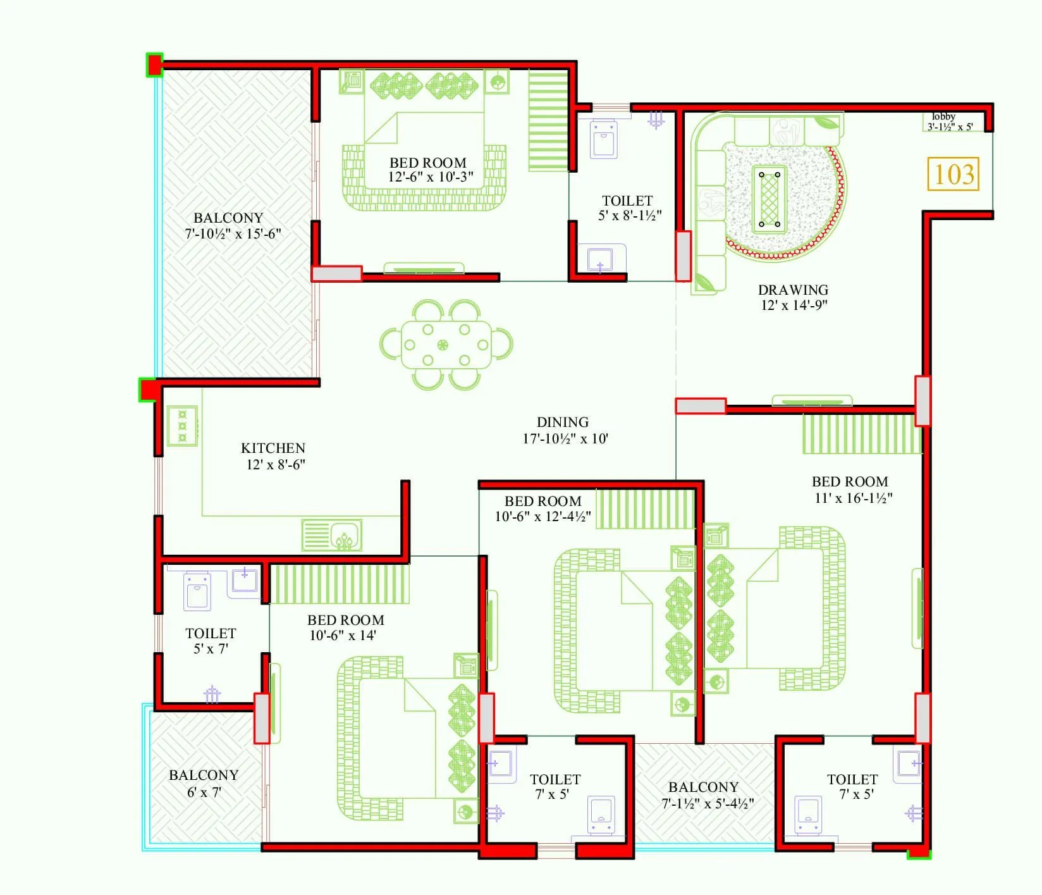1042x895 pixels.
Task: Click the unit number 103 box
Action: tap(953, 174)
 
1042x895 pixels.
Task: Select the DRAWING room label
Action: tap(793, 297)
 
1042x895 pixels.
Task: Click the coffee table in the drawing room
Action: tap(769, 199)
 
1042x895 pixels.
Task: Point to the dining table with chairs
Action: tap(446, 345)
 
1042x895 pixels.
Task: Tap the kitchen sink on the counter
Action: tap(332, 534)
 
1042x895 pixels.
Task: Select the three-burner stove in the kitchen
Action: tap(182, 426)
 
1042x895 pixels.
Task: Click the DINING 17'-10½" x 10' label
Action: tap(564, 430)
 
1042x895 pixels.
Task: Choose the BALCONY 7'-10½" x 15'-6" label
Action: tap(231, 225)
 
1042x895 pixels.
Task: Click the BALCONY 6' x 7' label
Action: tap(204, 783)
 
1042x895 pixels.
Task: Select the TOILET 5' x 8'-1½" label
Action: tap(628, 208)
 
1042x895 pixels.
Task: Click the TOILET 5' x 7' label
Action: tap(211, 641)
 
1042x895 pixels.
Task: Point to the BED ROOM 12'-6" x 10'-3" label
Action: tap(429, 170)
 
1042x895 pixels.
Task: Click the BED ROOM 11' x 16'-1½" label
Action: tap(851, 490)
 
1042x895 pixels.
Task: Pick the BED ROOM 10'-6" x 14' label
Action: tap(345, 627)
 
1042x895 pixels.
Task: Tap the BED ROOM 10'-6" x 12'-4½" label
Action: tap(542, 509)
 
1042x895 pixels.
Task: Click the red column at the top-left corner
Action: tap(154, 65)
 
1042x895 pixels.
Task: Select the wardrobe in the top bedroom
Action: tap(548, 120)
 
